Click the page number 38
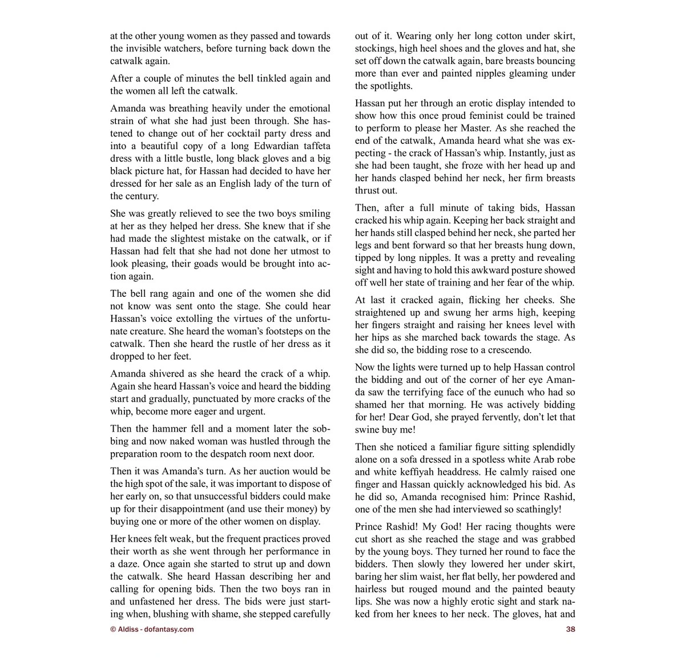point(570,630)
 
